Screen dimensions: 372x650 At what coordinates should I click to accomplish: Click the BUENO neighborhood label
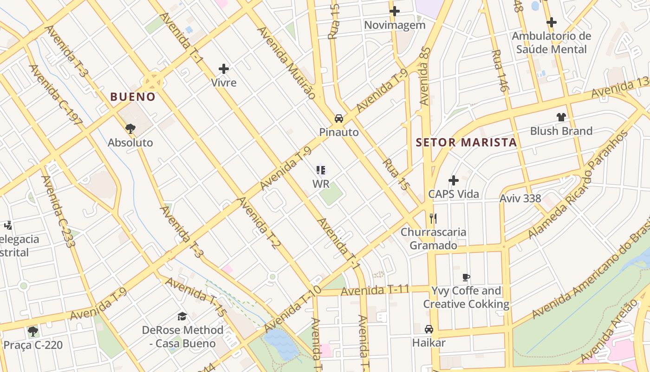tap(132, 97)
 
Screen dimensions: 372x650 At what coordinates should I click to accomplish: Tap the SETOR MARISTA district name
tap(466, 142)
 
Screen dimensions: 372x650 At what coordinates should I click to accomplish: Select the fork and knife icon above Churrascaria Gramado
tap(433, 218)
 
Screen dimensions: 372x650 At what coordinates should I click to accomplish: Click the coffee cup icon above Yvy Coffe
tap(466, 278)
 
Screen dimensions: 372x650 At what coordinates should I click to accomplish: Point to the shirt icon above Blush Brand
tap(561, 117)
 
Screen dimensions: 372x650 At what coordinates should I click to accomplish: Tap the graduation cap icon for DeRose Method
tap(182, 317)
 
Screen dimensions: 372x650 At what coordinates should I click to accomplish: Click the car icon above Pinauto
tap(339, 118)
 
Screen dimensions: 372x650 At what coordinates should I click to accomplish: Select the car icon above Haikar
tap(429, 329)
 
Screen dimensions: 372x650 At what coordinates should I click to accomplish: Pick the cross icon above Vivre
tap(224, 69)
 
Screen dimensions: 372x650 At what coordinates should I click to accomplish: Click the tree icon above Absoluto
tap(130, 128)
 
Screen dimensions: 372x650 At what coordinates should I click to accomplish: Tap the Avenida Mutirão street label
tap(286, 62)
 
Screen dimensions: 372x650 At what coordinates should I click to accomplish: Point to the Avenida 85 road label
tap(425, 76)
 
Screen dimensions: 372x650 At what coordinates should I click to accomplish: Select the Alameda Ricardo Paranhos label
tap(578, 185)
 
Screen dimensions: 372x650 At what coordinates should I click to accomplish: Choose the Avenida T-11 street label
tap(375, 291)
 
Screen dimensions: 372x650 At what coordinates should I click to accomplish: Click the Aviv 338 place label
tap(520, 199)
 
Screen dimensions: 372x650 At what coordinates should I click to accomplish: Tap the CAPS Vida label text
tap(453, 194)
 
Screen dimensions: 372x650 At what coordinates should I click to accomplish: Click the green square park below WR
tap(331, 194)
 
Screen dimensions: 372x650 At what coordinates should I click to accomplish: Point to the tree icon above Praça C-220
tap(32, 332)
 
